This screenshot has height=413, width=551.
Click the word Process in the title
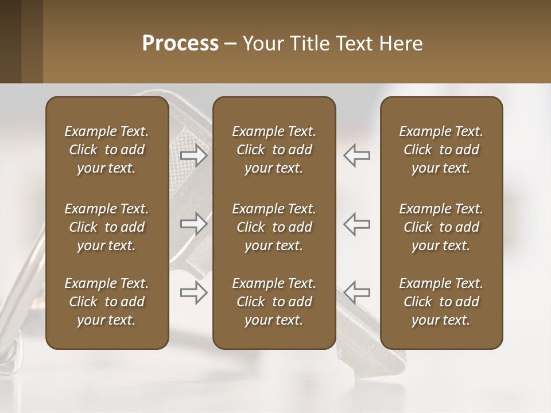pyautogui.click(x=180, y=44)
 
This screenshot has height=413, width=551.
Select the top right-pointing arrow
pyautogui.click(x=194, y=155)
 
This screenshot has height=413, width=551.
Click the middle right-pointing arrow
pyautogui.click(x=194, y=224)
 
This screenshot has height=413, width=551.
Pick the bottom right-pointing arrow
pyautogui.click(x=194, y=293)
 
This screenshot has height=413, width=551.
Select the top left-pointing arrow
pyautogui.click(x=357, y=155)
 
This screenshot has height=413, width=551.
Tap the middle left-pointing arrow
pyautogui.click(x=357, y=224)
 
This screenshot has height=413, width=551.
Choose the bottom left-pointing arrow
pyautogui.click(x=357, y=293)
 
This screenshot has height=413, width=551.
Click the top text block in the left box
pyautogui.click(x=107, y=150)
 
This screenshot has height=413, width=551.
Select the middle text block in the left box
pyautogui.click(x=107, y=227)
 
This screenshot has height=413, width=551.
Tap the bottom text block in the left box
pyautogui.click(x=107, y=302)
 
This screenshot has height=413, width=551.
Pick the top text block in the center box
pyautogui.click(x=274, y=150)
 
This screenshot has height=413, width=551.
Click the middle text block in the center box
pyautogui.click(x=274, y=227)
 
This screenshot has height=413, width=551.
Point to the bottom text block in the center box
pyautogui.click(x=274, y=302)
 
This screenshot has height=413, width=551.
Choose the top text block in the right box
pyautogui.click(x=441, y=150)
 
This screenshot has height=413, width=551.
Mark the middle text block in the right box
pyautogui.click(x=441, y=227)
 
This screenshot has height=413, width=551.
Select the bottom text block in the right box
pyautogui.click(x=441, y=302)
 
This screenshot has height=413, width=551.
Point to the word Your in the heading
pyautogui.click(x=262, y=44)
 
